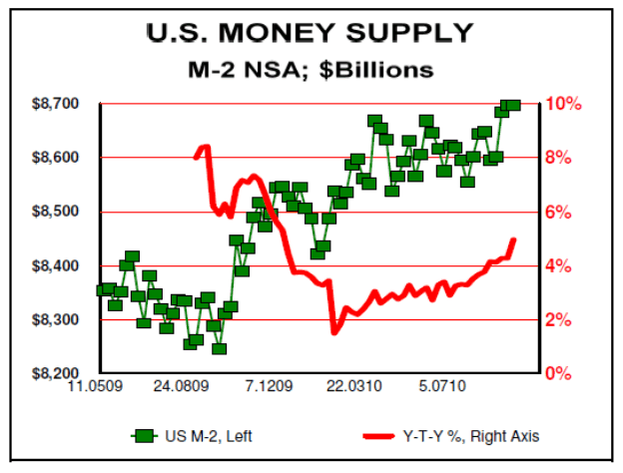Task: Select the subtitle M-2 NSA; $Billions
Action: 310,70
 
